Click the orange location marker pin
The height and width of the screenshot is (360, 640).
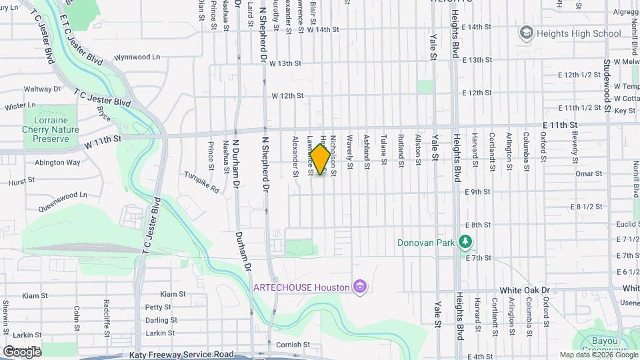[321, 159]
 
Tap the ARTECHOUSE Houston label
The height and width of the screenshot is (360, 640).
[301, 287]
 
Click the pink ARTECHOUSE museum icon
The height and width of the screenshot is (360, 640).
[361, 287]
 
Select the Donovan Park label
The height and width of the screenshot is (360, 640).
[426, 243]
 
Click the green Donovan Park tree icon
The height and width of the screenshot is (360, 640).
[466, 243]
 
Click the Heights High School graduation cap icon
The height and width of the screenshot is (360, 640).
[526, 33]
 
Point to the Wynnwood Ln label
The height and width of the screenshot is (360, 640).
[137, 57]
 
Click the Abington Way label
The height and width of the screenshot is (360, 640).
[57, 163]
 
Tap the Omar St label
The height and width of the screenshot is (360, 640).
[589, 173]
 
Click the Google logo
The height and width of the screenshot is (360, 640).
[22, 351]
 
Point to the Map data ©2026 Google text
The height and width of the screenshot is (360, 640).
[598, 355]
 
